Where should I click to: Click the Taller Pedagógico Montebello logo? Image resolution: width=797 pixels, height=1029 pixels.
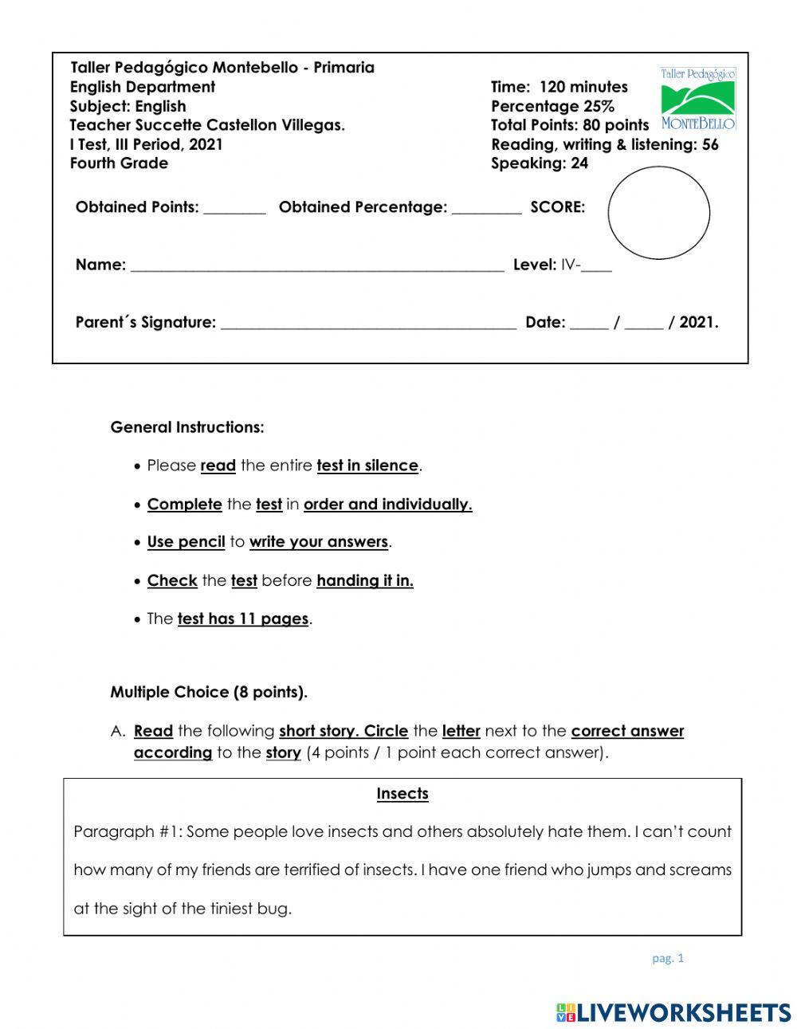697,99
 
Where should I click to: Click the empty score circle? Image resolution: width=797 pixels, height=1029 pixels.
658,213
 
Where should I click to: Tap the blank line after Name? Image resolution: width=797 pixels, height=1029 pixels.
316,266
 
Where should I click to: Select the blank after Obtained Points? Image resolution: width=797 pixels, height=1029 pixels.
234,209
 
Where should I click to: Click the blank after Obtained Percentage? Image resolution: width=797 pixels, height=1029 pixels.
486,209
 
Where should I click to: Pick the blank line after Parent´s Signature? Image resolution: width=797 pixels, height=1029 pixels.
368,324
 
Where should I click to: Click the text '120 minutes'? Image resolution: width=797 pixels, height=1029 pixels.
583,87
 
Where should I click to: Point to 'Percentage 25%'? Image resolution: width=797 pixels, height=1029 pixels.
552,106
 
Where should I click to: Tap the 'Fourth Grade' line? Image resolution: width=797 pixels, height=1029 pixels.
119,163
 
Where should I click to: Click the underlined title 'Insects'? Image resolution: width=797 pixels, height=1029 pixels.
402,794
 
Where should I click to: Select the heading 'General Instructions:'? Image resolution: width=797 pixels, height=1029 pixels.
187,427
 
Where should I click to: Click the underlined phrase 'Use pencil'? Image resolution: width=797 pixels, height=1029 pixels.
186,542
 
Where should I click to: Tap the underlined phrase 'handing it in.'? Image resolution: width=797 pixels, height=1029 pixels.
365,581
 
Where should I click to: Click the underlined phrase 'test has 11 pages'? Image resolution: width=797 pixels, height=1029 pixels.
243,619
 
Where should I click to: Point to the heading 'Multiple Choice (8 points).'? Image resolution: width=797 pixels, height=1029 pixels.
209,692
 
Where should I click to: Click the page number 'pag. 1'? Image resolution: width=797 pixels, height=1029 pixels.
668,959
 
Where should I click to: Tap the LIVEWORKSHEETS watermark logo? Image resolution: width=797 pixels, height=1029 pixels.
673,1012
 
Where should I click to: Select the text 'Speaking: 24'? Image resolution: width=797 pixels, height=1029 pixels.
540,163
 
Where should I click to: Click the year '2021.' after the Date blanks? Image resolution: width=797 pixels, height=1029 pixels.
699,323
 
